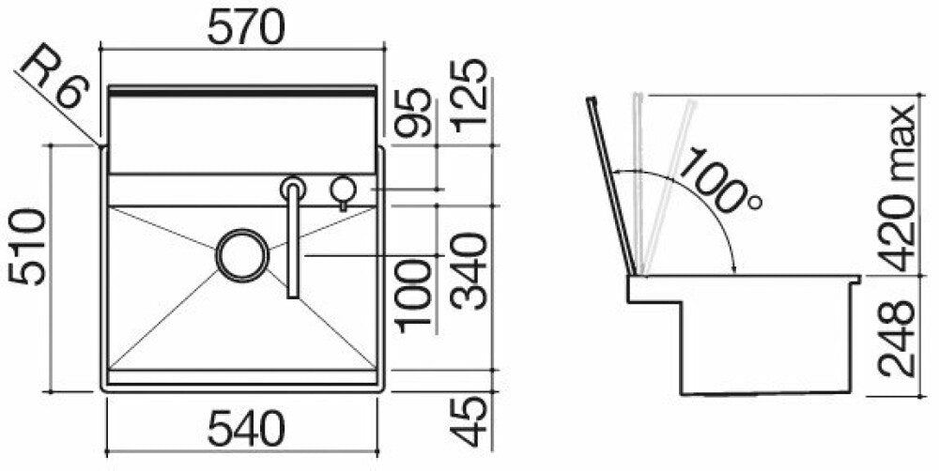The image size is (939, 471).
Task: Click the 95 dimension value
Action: click(x=414, y=115)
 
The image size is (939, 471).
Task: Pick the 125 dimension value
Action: click(x=469, y=97)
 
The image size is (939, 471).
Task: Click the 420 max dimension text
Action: click(x=898, y=188)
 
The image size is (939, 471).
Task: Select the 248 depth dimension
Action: click(x=898, y=337)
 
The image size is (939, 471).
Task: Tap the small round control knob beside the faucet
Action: click(x=341, y=190)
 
